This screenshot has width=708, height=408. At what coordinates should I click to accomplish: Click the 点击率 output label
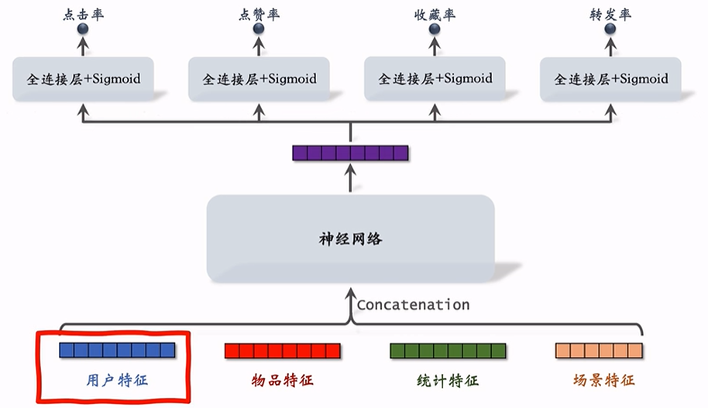pos(84,15)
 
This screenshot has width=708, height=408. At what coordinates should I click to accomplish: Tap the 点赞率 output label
pos(259,15)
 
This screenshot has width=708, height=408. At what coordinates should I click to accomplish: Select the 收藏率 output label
pos(435,15)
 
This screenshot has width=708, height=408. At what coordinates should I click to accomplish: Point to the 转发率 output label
pos(610,15)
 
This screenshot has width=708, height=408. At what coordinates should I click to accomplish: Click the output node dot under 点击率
pos(83,29)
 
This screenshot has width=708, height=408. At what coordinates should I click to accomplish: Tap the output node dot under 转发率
pos(610,29)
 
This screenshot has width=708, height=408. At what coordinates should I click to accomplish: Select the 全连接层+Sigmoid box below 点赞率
pos(259,79)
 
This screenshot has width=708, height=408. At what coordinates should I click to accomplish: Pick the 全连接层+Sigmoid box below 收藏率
pos(435,78)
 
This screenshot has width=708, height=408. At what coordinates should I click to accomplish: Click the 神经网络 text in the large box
pos(351,238)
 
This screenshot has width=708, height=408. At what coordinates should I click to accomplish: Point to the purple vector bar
pos(350,153)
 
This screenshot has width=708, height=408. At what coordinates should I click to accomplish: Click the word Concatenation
pos(413,305)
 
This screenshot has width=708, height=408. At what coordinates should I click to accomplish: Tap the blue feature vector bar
pos(117,350)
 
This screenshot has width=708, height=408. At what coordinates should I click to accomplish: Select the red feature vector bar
pos(283,351)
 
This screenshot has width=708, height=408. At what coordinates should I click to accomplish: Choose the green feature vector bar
pos(448,351)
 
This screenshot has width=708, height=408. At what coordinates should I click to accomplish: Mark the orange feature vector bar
pos(600,351)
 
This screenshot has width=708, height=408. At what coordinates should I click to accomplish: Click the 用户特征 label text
pos(117,380)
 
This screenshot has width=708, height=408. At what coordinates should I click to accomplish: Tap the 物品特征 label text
pos(283,380)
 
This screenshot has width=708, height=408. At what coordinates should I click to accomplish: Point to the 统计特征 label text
pos(448,380)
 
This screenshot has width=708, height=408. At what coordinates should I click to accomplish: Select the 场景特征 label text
pos(604,380)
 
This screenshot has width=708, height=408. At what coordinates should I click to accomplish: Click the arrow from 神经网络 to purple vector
pos(350,178)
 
